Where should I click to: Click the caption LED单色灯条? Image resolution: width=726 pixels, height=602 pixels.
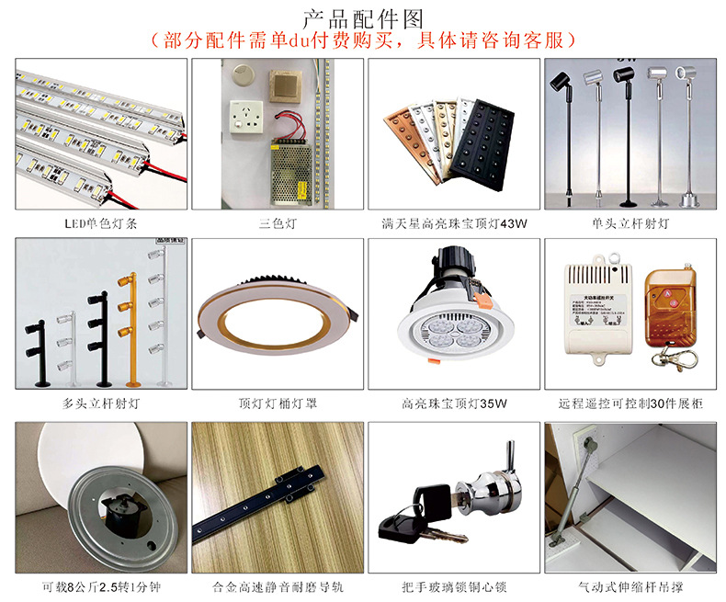point(94,222)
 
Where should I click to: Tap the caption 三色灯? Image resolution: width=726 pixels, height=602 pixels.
point(274,222)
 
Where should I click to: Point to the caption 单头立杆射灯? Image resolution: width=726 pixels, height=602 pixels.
point(630,222)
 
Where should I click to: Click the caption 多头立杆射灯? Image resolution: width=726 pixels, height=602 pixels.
point(94,403)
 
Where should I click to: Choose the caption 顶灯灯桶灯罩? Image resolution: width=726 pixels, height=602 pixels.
point(274,403)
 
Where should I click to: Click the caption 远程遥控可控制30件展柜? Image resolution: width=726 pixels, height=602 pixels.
point(630,403)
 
